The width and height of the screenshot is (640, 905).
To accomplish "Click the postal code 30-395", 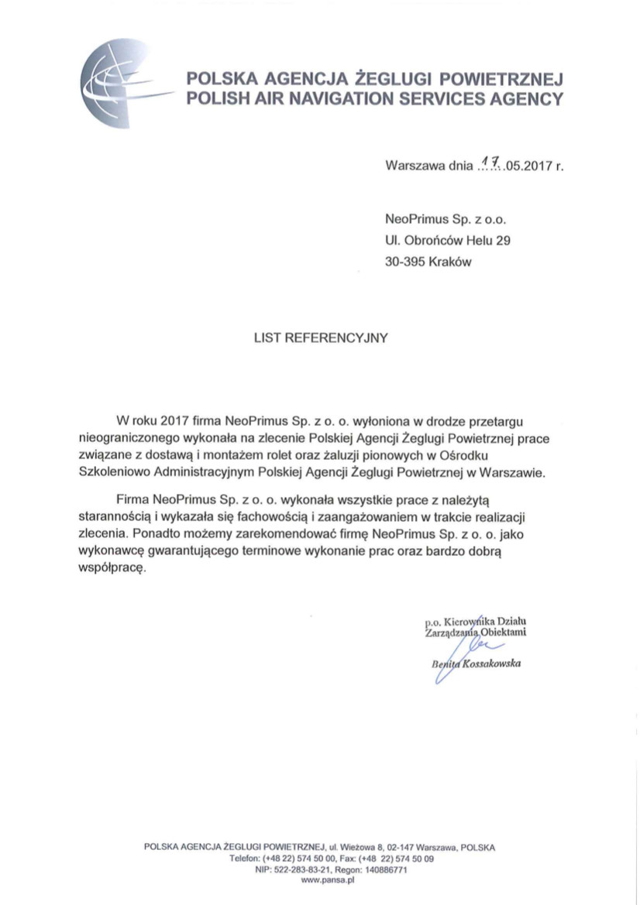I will coord(404,262).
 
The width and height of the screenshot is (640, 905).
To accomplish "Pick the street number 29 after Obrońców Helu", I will coord(503,241).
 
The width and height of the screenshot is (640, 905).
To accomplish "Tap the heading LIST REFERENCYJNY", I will coord(320,338).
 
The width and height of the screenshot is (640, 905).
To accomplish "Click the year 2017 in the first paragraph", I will coord(176,422).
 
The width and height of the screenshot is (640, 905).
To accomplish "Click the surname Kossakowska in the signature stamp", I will coord(491,663).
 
